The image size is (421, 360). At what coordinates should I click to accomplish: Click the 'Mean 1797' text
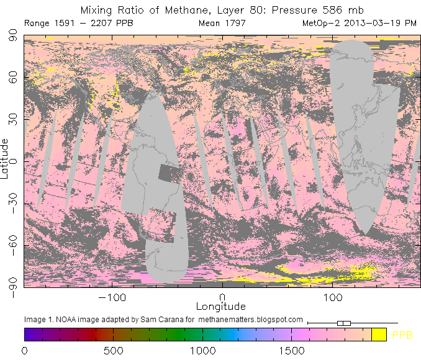(x=222, y=24)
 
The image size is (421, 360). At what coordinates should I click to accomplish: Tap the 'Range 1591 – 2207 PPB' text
(x=78, y=24)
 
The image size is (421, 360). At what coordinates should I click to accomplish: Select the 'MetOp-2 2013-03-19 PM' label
(x=359, y=24)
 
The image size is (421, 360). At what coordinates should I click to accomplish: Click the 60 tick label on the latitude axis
(x=11, y=78)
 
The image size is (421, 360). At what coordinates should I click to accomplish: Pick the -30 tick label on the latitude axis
(x=11, y=203)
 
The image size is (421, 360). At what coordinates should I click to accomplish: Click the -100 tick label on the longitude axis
(x=112, y=297)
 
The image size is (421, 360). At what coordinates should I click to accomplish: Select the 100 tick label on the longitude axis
(x=333, y=297)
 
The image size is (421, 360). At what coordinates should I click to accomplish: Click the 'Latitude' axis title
(x=5, y=159)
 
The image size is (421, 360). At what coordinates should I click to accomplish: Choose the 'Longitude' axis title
(x=221, y=307)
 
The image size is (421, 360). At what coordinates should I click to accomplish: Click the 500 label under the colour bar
(x=114, y=351)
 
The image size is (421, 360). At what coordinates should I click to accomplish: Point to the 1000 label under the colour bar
(x=202, y=351)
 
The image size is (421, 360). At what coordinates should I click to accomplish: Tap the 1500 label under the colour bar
(x=292, y=351)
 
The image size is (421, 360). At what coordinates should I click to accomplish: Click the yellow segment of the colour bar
(x=379, y=335)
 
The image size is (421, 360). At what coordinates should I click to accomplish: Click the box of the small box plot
(x=344, y=323)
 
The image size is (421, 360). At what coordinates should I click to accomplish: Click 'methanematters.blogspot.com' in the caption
(x=251, y=320)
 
